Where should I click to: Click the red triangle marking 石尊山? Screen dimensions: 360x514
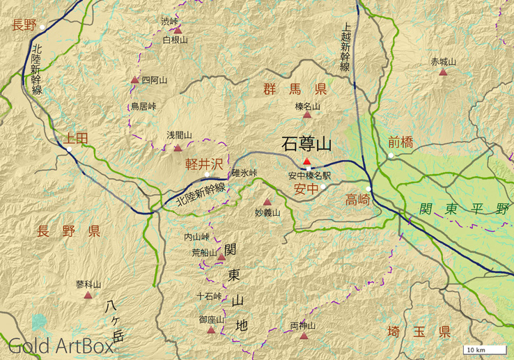[306, 162]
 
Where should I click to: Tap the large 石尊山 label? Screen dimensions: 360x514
[306, 144]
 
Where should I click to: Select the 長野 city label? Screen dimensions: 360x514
[24, 26]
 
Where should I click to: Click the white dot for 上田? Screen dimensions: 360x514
[69, 148]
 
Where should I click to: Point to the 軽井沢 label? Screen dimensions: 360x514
[204, 164]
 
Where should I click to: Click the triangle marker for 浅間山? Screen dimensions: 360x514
[178, 148]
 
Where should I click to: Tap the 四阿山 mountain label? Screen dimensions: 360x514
[154, 80]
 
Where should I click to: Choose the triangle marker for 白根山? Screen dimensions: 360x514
[178, 31]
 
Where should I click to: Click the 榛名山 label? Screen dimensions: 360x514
[307, 107]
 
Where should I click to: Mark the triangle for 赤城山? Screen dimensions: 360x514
[443, 72]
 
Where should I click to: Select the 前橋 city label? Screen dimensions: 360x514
[400, 143]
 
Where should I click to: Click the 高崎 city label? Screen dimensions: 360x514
[358, 200]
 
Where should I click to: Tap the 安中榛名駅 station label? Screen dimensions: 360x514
[309, 176]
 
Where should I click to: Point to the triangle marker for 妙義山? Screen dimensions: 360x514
[267, 202]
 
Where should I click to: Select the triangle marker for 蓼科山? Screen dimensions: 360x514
[88, 295]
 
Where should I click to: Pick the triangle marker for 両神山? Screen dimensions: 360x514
[304, 336]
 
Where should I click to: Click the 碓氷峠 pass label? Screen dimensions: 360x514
[244, 173]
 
